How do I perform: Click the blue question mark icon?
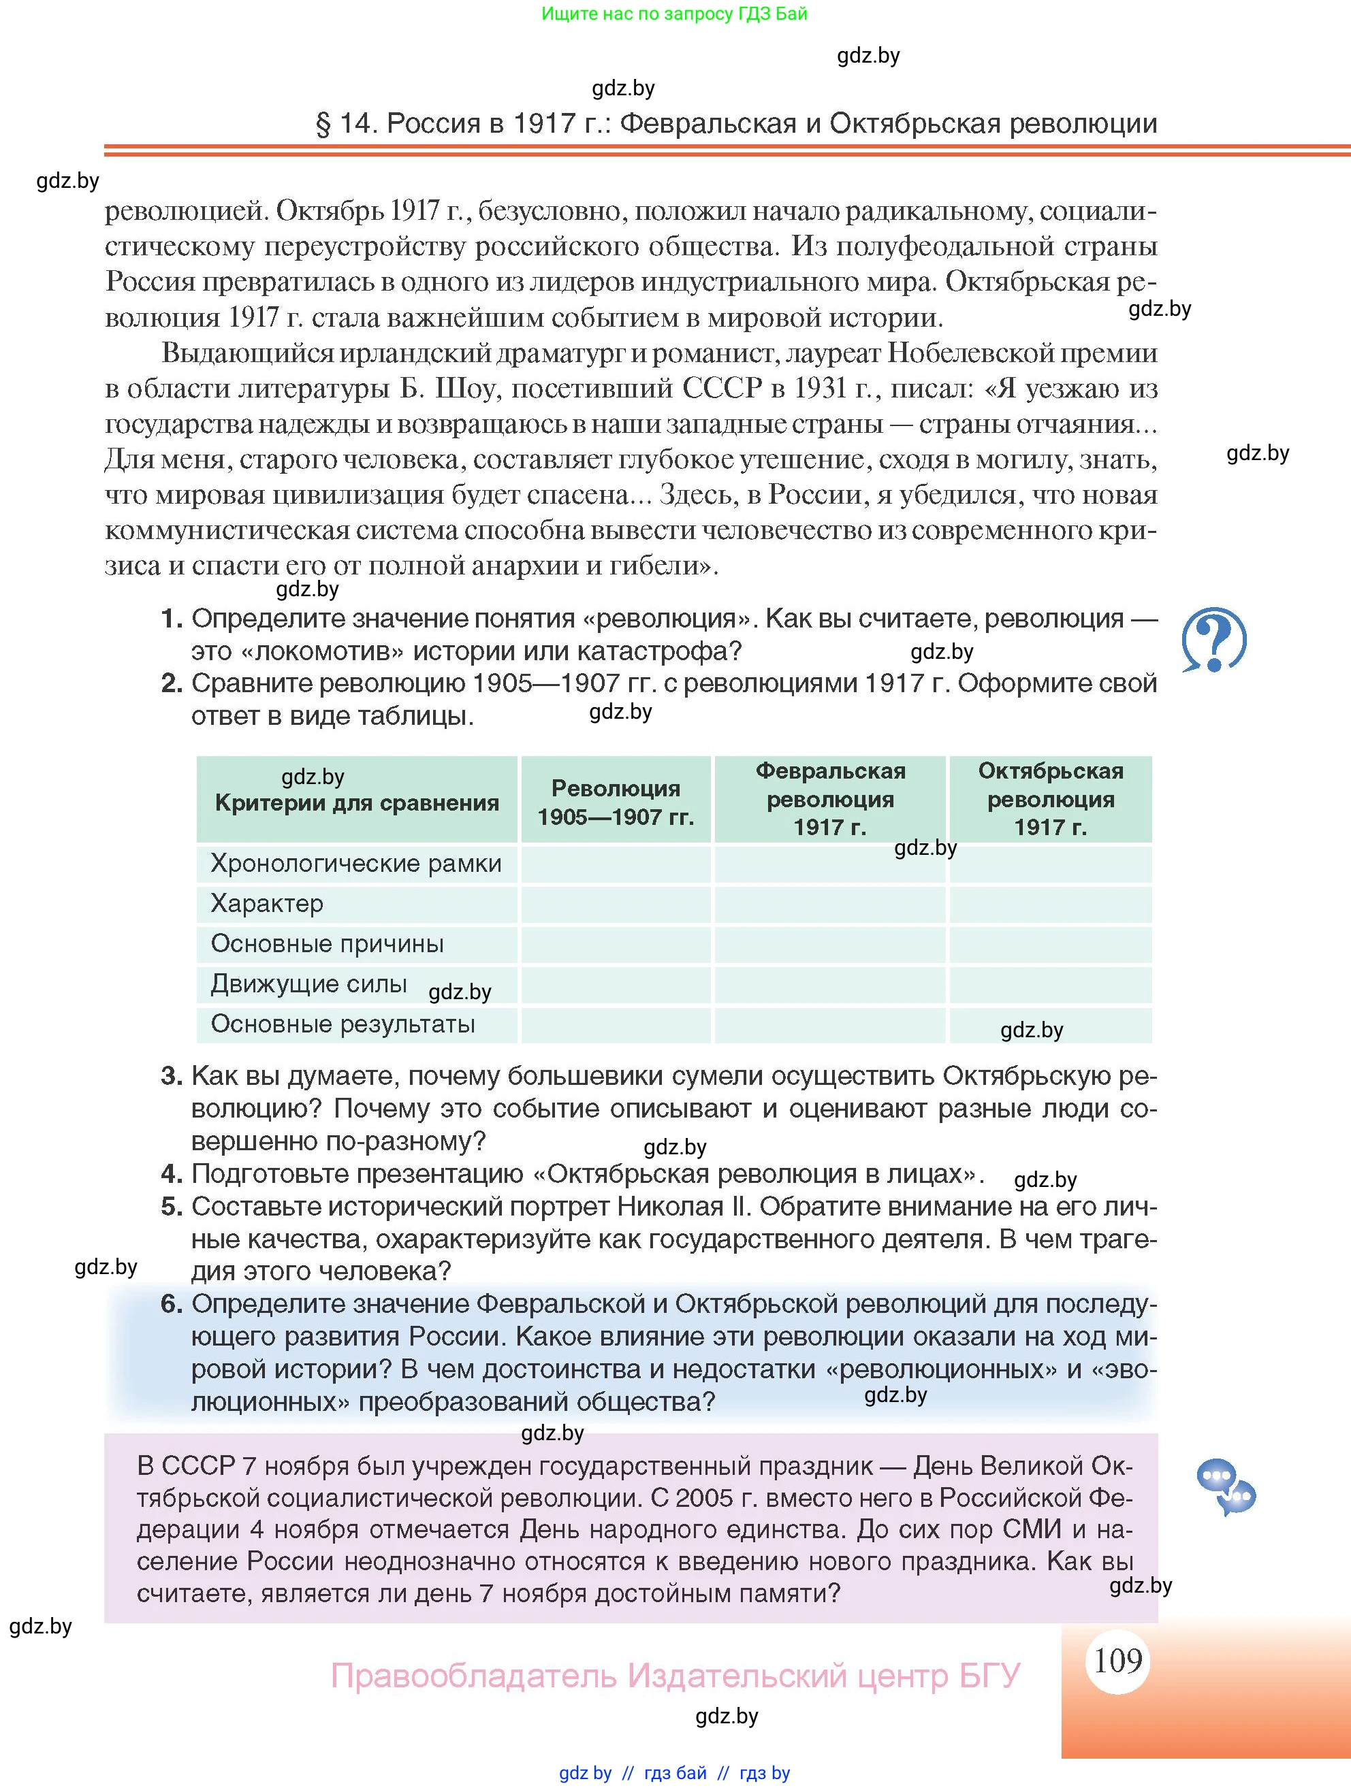pyautogui.click(x=1213, y=639)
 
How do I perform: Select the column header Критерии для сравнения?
pyautogui.click(x=356, y=802)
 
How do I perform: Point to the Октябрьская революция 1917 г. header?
pyautogui.click(x=1050, y=799)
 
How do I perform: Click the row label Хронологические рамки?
pyautogui.click(x=356, y=864)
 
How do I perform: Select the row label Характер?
pyautogui.click(x=267, y=903)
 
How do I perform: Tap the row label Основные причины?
pyautogui.click(x=327, y=943)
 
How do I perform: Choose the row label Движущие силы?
pyautogui.click(x=308, y=984)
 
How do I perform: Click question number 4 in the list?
pyautogui.click(x=171, y=1173)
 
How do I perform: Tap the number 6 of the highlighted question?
pyautogui.click(x=171, y=1303)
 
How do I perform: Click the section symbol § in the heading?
pyautogui.click(x=323, y=124)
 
